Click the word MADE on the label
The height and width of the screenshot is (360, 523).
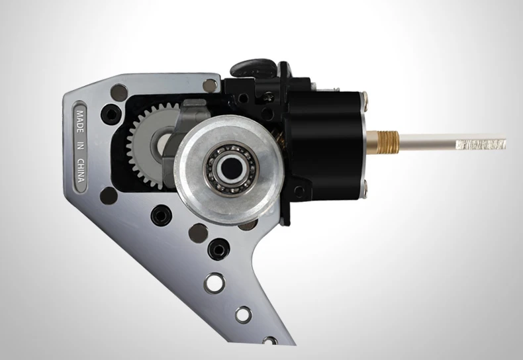(80, 121)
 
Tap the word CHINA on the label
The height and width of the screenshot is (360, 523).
(81, 170)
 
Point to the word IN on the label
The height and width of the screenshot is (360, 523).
(80, 146)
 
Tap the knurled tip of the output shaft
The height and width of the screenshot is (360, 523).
(481, 144)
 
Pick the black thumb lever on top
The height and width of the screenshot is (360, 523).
(254, 67)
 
